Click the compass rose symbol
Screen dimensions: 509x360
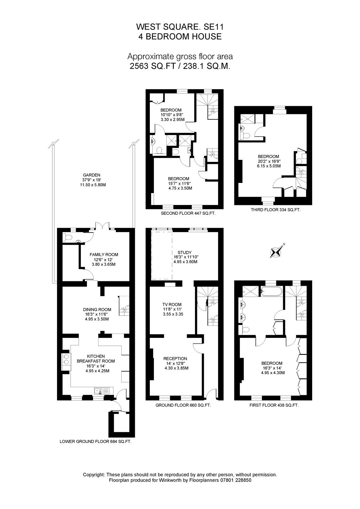(x=278, y=251)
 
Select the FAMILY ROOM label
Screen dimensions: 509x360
(x=104, y=254)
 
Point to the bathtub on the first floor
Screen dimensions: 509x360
(x=271, y=291)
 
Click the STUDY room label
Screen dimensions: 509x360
(x=185, y=252)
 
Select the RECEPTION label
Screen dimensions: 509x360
(x=175, y=359)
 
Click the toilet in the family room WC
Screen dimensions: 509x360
(x=68, y=238)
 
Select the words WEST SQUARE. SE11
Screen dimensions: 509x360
(x=180, y=27)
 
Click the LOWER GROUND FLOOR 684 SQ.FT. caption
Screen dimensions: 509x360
(x=95, y=441)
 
